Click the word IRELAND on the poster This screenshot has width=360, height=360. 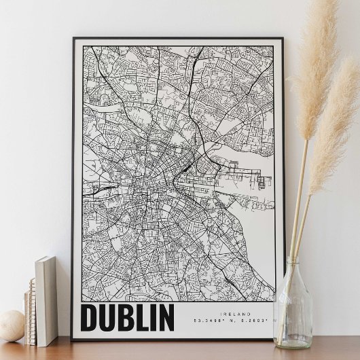coord(236,314)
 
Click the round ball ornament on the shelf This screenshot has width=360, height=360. coord(11,325)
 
